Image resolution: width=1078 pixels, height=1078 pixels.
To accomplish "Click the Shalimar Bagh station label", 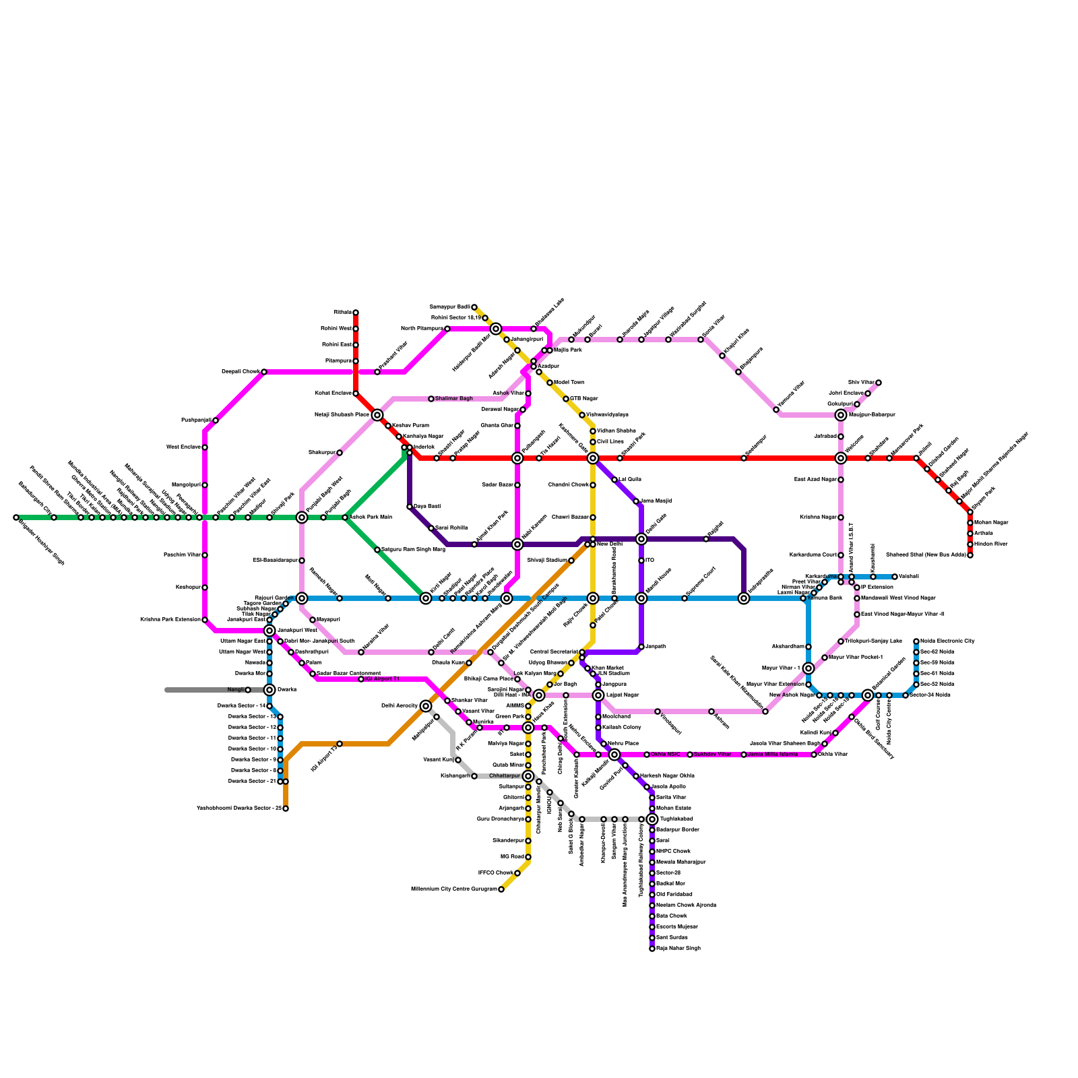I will (453, 399).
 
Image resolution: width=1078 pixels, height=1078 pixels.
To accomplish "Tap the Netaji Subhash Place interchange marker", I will (377, 415).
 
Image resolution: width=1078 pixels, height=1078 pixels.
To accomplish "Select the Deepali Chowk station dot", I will (264, 372).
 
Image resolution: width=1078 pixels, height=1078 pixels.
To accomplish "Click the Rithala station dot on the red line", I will (356, 313).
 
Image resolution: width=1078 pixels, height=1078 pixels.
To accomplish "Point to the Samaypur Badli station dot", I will (474, 307).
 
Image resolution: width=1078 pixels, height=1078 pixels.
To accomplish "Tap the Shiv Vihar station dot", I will (879, 383).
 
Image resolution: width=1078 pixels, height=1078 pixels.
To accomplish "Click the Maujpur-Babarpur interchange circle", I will (841, 415).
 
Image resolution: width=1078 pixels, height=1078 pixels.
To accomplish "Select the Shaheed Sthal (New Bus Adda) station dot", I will (970, 555).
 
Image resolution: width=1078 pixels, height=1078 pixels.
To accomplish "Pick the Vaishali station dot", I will (895, 577).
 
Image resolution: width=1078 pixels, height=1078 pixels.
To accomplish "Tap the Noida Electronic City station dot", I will (916, 641).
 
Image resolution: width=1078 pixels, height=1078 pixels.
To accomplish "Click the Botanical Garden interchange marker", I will (868, 695).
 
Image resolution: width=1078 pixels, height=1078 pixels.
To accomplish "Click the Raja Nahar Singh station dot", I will (652, 949).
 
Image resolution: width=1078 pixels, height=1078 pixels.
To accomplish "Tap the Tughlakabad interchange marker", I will (652, 819).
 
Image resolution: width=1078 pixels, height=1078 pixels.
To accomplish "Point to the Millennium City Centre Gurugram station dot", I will (501, 889).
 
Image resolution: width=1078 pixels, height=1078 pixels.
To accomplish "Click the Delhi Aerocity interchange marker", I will (426, 706).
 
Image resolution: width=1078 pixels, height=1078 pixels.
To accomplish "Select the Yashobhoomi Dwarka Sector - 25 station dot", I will (286, 808).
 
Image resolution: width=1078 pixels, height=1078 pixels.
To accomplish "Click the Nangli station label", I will (235, 690).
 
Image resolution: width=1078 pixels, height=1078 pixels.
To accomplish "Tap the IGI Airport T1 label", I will (381, 679).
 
